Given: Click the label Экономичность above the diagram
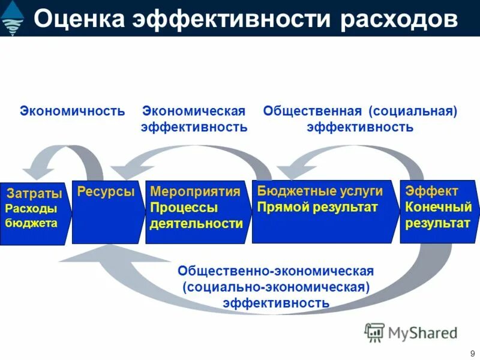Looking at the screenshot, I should click(73, 111).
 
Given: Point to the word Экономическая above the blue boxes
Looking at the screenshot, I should click(194, 111).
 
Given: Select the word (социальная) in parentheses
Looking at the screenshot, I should click(413, 111).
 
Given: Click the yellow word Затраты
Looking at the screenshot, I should click(34, 194).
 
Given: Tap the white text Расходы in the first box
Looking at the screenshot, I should click(31, 209).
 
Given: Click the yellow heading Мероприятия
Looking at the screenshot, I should click(195, 192).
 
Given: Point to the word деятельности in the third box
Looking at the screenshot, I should click(196, 224).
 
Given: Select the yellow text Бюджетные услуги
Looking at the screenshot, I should click(320, 191).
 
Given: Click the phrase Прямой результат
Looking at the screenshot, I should click(317, 208).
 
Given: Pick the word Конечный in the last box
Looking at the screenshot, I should click(439, 208).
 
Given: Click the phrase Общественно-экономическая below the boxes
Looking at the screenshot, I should click(275, 271).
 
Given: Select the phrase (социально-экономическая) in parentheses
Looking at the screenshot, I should click(276, 287).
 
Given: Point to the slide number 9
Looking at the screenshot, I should click(472, 353).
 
